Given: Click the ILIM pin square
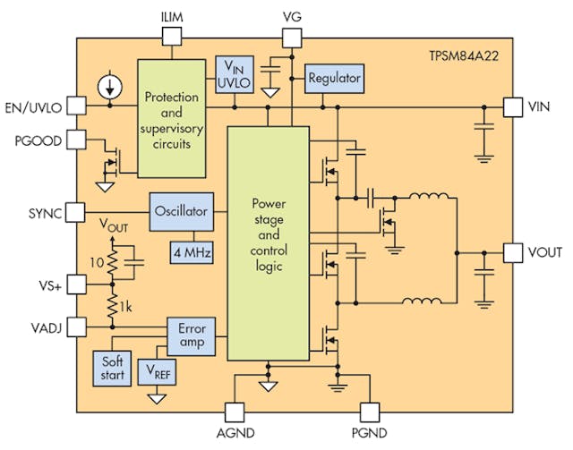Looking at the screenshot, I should click(172, 37).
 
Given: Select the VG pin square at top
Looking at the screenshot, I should click(292, 37).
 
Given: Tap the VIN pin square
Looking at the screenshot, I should click(513, 106).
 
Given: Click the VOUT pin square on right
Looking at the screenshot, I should click(513, 253).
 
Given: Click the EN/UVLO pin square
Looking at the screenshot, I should click(76, 106).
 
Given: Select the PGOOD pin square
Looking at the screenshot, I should click(76, 140).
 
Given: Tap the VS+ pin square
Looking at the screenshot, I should click(76, 284).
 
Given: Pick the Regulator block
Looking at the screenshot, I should click(334, 79).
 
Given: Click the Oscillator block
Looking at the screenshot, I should click(180, 212).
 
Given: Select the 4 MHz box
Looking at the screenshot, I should click(191, 253).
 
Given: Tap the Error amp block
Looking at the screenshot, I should click(191, 335).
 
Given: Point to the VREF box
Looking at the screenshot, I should click(158, 369).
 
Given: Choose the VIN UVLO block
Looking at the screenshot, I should click(235, 72).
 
